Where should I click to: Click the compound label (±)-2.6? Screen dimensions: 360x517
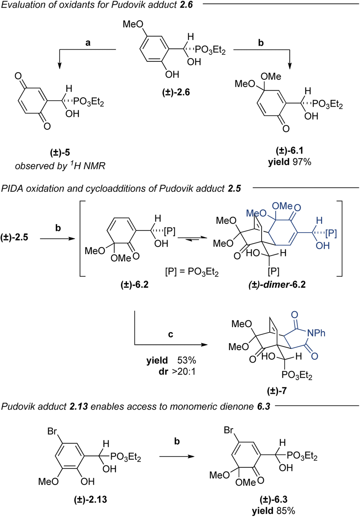coord(176,93)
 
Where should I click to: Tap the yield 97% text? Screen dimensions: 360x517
coord(289,162)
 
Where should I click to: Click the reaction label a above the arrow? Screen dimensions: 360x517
coord(88,43)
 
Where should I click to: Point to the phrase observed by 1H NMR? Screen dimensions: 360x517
coord(60,166)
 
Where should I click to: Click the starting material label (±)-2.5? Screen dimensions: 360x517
coord(14,237)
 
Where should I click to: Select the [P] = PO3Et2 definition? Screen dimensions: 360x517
coord(192,272)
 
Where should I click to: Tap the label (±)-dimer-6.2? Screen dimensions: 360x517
coord(277,284)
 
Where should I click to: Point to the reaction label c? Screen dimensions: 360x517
coord(171,334)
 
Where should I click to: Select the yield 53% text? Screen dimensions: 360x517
coord(171,360)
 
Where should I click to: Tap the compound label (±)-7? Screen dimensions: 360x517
coord(277,391)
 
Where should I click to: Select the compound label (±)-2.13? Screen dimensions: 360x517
coord(91,500)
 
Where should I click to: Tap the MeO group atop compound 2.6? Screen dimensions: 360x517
coord(133,24)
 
